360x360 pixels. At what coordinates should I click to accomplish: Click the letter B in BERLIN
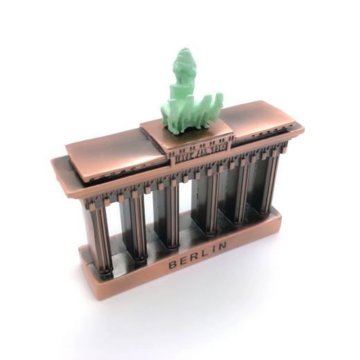click(172, 264)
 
